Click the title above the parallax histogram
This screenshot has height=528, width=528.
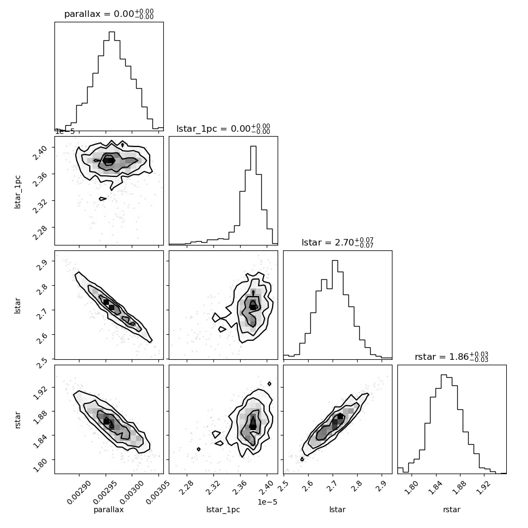tap(109, 14)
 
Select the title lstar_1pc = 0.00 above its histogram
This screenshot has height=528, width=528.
tap(223, 128)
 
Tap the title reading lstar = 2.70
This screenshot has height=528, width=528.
tap(337, 242)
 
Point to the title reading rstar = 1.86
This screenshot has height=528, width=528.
tap(452, 357)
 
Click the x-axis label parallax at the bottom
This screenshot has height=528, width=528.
tap(108, 509)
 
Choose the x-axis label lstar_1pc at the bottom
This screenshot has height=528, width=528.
tap(223, 510)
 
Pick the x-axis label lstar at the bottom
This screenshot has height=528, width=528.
tap(337, 509)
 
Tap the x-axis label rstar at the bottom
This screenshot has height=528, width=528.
tap(452, 510)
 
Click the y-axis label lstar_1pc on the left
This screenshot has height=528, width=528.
tap(17, 192)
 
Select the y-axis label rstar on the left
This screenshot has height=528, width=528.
tap(17, 420)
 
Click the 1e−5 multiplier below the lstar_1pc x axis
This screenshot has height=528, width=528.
tap(267, 502)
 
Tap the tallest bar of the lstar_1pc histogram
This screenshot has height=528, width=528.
tap(253, 195)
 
